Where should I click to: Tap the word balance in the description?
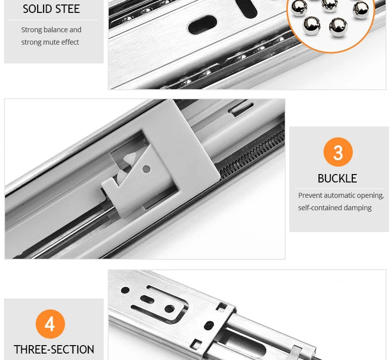pyautogui.click(x=55, y=30)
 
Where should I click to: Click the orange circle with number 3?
pyautogui.click(x=338, y=152)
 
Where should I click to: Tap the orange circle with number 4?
pyautogui.click(x=50, y=324)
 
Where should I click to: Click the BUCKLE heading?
pyautogui.click(x=337, y=179)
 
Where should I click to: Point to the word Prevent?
pyautogui.click(x=311, y=195)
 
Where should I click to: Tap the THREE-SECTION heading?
pyautogui.click(x=54, y=350)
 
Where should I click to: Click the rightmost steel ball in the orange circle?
pyautogui.click(x=361, y=9)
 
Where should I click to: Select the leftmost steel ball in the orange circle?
pyautogui.click(x=299, y=8)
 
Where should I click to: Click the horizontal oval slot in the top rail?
pyautogui.click(x=202, y=24)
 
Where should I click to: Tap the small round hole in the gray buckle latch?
pyautogui.click(x=146, y=169)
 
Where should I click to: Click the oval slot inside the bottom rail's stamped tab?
pyautogui.click(x=147, y=299)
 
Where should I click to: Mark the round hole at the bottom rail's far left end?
pyautogui.click(x=125, y=290)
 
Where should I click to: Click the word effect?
pyautogui.click(x=70, y=42)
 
